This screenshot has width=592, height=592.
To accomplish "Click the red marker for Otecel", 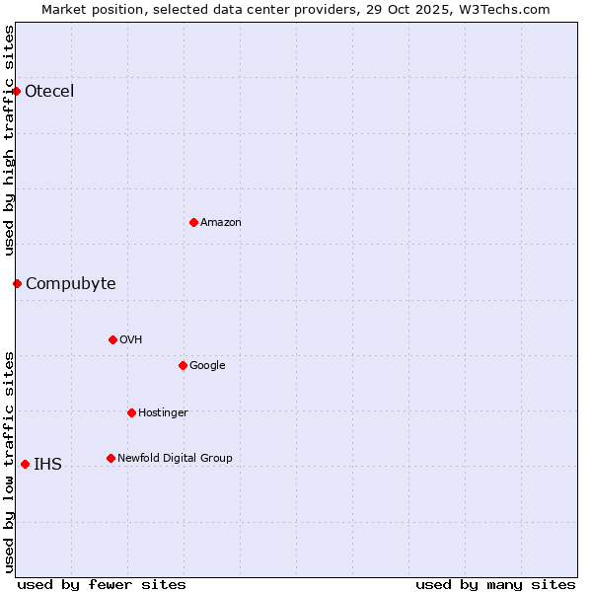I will [17, 91].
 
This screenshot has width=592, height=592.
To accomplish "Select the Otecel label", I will [49, 92].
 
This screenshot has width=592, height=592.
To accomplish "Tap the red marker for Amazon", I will [193, 222].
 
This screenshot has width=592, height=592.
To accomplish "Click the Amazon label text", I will [221, 223].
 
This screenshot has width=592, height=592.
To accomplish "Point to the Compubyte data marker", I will [17, 283].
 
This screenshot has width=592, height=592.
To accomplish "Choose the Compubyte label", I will [70, 284].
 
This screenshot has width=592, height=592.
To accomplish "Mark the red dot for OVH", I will [112, 339].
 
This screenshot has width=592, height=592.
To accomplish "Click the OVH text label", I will [131, 340].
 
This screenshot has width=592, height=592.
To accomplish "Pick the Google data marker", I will [183, 365].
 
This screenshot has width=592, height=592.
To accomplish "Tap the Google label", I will [207, 366].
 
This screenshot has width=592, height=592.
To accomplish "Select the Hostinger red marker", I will [131, 412].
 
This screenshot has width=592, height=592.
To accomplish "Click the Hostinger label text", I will [163, 413].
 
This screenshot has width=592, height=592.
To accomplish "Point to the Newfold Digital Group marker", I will [111, 458].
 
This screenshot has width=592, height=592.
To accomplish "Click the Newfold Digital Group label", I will [175, 459].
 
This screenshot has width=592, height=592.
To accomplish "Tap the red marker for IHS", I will [25, 464].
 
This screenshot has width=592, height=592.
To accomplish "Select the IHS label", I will [47, 465].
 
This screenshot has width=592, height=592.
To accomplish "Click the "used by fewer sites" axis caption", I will [102, 585].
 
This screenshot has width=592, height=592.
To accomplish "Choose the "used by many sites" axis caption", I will [495, 585].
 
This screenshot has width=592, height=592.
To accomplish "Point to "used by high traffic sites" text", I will [10, 140].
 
